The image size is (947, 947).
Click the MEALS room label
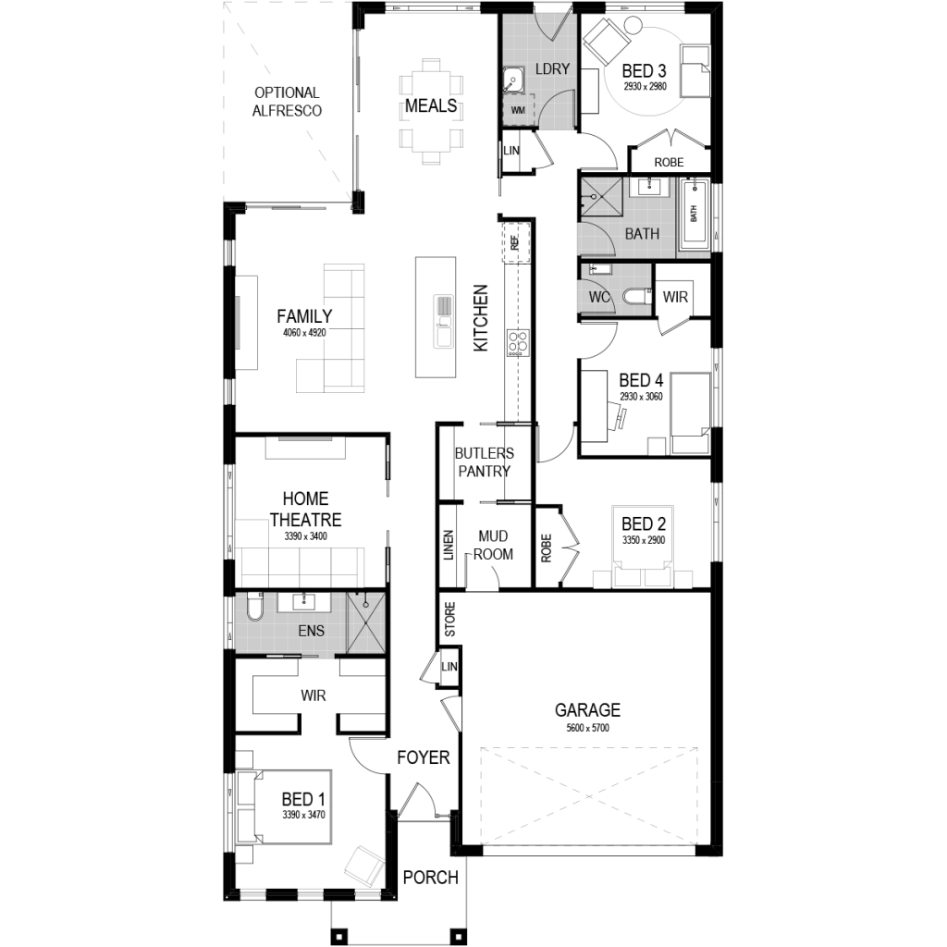click(x=431, y=105)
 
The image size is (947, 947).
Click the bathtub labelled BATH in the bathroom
click(x=695, y=215)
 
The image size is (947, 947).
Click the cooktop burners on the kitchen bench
click(x=517, y=342)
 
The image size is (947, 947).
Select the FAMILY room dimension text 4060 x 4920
click(x=304, y=333)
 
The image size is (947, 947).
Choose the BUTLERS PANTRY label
click(x=483, y=461)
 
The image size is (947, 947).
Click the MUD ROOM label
click(x=494, y=545)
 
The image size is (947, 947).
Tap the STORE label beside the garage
click(x=450, y=620)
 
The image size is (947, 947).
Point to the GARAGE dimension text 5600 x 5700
click(x=587, y=728)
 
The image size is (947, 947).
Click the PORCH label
click(x=430, y=877)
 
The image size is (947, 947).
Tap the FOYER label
click(x=424, y=757)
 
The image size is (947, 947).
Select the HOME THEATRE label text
click(x=305, y=510)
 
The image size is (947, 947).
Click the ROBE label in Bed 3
click(x=669, y=162)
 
